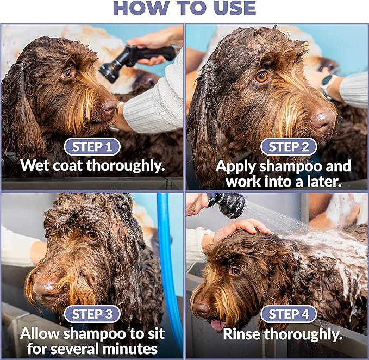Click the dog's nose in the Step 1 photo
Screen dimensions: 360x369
pos(109,106)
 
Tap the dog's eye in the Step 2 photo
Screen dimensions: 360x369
pos(261,77)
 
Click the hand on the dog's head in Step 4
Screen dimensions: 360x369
pos(239,229)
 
